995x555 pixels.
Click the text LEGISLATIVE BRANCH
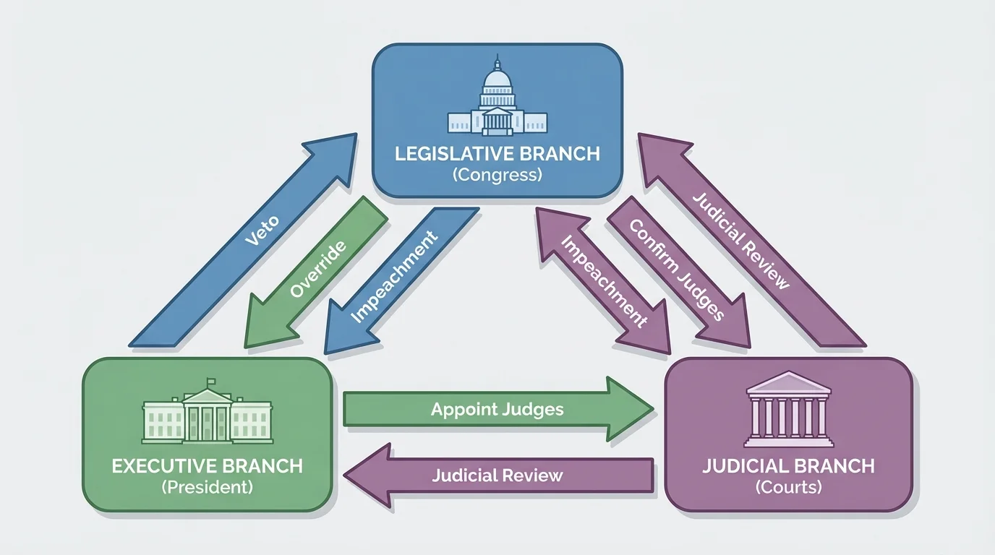tap(497, 154)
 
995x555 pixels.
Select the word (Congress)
tap(497, 175)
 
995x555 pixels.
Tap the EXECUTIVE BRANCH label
tap(208, 466)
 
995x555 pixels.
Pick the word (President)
tap(208, 487)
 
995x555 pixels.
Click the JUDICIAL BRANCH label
tap(789, 465)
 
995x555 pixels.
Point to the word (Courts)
tap(789, 487)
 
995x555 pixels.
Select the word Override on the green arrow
tap(317, 270)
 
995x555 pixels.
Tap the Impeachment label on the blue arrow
tap(394, 277)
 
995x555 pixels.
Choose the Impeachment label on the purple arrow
tap(604, 282)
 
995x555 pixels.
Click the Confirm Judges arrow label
tap(676, 270)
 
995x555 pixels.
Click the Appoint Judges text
tap(497, 410)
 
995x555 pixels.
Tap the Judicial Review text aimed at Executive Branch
tap(497, 476)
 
